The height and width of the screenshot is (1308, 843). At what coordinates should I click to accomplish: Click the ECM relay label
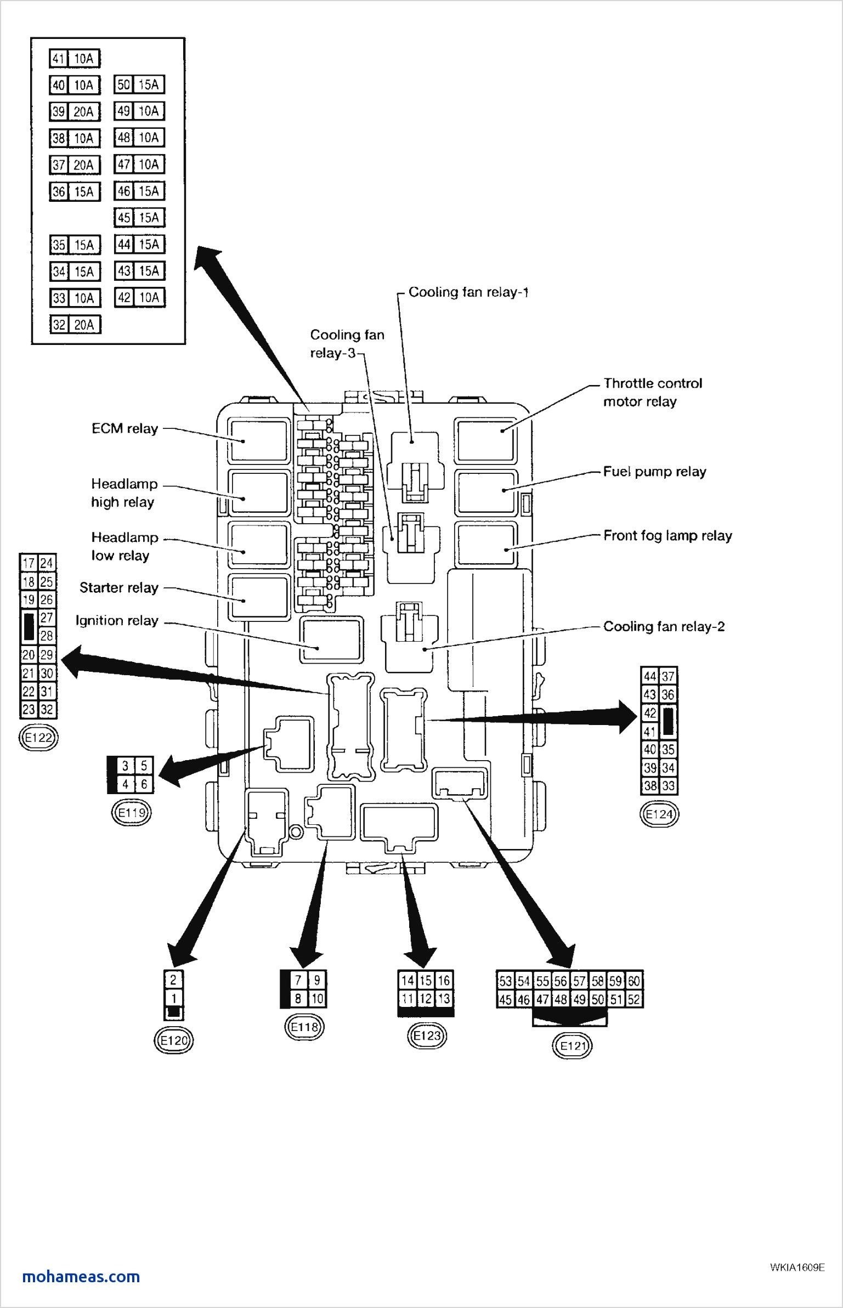(125, 428)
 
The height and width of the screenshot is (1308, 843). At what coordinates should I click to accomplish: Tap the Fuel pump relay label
(654, 472)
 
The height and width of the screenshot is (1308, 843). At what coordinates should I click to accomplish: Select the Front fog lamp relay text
(667, 535)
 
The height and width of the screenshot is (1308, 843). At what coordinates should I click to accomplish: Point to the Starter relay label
(118, 587)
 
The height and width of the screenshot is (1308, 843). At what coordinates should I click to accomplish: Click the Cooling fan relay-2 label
(664, 626)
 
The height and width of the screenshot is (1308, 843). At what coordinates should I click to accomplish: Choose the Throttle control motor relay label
(653, 392)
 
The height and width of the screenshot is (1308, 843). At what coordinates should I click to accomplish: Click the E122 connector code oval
(38, 738)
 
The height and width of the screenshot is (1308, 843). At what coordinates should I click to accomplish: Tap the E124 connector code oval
(659, 814)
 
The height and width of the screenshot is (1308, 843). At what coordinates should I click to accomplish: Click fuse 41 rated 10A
(75, 58)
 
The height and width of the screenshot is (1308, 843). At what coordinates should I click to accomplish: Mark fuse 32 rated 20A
(75, 325)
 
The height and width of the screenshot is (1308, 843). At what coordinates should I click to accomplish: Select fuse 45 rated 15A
(140, 217)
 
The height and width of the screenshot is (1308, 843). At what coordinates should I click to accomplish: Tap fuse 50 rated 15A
(140, 84)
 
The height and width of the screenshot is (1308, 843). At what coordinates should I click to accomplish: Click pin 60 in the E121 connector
(634, 981)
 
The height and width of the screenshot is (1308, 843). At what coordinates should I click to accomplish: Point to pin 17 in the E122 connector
(29, 563)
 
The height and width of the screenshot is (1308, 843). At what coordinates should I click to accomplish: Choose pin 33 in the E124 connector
(667, 785)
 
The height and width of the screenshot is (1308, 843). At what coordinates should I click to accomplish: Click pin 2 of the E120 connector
(174, 979)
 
